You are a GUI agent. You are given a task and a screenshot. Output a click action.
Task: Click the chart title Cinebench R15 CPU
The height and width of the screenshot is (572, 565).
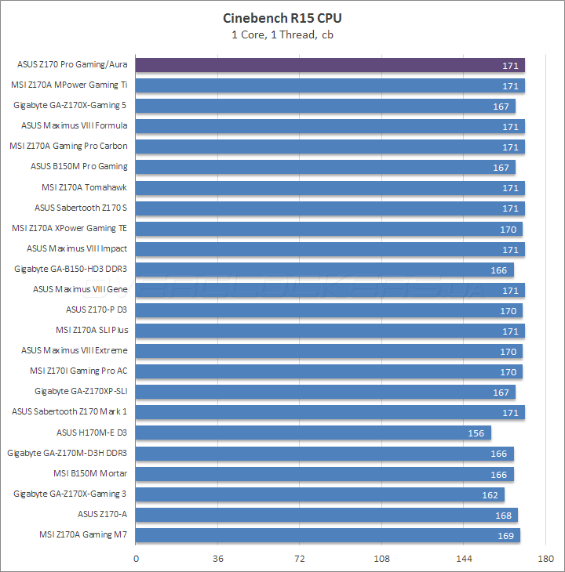coord(282,17)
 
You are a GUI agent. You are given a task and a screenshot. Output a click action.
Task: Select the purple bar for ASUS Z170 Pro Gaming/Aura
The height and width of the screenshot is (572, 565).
coord(330,65)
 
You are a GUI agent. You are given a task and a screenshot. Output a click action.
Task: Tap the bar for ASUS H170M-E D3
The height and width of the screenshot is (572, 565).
coord(313,433)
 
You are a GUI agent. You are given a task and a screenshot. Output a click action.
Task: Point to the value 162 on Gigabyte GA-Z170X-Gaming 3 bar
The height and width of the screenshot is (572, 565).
coord(490,494)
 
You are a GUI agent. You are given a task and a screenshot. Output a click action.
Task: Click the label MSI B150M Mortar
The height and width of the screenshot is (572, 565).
coord(90,473)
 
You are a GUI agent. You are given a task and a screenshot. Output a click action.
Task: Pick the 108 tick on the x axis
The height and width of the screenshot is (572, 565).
coord(382,558)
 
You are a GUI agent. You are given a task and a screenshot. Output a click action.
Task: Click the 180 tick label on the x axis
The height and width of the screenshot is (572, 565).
coord(545,558)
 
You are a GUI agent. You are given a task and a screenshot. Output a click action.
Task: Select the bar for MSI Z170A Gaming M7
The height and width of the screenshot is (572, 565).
coord(328,535)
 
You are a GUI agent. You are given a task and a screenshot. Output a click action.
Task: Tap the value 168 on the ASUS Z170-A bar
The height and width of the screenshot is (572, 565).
coord(503,515)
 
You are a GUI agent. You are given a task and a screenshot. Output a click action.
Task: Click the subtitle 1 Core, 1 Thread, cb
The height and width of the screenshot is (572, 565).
coord(282,34)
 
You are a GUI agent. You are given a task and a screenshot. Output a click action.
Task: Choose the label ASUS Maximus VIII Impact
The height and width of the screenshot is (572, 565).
coord(77,248)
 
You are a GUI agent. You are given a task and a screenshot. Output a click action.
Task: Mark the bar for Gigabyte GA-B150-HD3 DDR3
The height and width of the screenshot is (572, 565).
coord(325,270)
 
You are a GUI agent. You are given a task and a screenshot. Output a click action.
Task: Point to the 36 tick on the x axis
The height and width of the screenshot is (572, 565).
coord(218,558)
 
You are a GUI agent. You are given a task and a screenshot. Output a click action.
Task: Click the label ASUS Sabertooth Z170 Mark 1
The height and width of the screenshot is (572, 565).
coord(69,411)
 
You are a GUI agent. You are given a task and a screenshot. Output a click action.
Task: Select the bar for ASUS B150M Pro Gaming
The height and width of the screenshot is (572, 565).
coord(326,167)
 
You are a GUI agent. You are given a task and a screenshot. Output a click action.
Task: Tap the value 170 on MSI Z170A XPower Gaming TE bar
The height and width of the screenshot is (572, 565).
coord(508,229)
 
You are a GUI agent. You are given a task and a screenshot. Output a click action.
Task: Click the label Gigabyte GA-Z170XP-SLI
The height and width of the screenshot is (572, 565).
coord(81,391)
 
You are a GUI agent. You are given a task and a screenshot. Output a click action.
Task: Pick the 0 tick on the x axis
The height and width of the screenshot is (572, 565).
coord(137,558)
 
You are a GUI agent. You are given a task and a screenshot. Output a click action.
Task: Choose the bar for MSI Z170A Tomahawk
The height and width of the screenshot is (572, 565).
coord(330,188)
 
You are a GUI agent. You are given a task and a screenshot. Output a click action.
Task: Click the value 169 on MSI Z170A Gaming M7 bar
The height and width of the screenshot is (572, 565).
coord(505,535)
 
